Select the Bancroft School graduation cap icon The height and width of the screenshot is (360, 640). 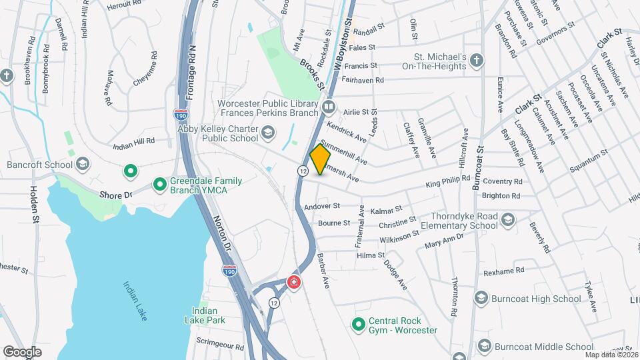click(83, 164)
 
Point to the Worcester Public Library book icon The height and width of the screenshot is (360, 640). click(328, 107)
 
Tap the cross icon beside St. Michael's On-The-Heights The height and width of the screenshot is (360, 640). click(476, 61)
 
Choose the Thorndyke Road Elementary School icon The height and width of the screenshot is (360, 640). click(507, 220)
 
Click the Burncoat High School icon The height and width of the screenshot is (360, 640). click(481, 299)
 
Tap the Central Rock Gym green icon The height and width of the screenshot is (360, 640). click(359, 325)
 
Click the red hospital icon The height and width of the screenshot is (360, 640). click(293, 283)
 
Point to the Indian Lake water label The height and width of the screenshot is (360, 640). click(135, 301)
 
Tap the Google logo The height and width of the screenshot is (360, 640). click(22, 351)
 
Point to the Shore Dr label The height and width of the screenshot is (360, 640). click(117, 195)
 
